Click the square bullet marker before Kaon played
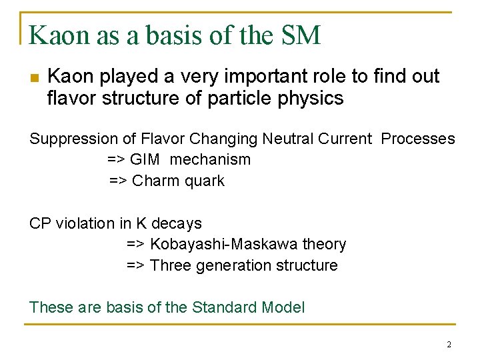click(x=35, y=78)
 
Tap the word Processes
click(x=418, y=139)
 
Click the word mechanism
click(x=211, y=159)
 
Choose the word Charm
click(x=155, y=181)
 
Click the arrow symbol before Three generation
click(x=135, y=265)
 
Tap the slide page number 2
click(x=449, y=345)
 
